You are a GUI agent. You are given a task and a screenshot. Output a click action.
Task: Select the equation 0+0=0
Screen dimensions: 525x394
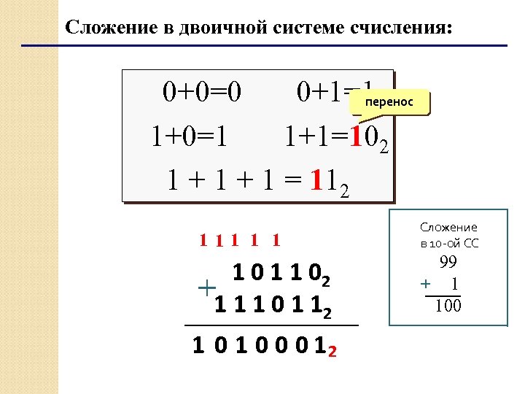coord(202,93)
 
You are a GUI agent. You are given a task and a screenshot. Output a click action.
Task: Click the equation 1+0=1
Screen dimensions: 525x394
coord(188,136)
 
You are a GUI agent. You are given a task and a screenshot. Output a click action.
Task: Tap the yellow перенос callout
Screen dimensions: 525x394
coord(390,103)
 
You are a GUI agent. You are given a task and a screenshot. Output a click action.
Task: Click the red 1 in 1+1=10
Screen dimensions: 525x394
coord(355,136)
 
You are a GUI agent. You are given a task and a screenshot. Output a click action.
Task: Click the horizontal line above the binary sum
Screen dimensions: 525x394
coord(271,325)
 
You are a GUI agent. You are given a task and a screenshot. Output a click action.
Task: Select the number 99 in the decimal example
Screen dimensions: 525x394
coord(448,264)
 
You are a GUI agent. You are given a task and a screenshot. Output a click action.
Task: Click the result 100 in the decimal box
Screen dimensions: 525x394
coord(448,306)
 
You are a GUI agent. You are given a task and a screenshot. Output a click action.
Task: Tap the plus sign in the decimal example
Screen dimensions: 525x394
coord(425,283)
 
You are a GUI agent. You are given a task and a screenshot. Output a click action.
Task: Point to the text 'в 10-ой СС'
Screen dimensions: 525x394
coord(448,243)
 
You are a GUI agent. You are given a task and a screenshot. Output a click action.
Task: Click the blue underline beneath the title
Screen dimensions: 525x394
coord(263,46)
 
